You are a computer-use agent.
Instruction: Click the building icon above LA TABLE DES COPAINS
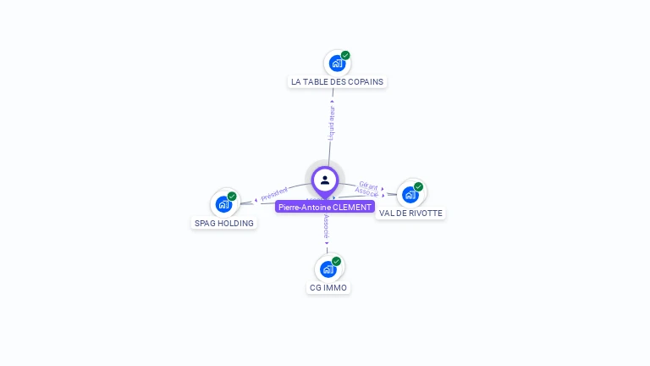337,64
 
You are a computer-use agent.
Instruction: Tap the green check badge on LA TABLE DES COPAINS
345,55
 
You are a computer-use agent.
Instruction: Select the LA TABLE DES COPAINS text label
337,82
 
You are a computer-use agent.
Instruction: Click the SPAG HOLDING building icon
223,204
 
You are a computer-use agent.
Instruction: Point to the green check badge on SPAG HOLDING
232,196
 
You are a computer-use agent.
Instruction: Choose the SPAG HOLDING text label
223,224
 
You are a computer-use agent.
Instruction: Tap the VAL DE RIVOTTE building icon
410,195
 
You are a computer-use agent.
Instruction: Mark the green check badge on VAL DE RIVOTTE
419,186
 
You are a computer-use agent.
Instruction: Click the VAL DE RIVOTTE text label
410,213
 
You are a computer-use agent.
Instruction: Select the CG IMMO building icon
328,269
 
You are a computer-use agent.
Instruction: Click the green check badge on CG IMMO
337,261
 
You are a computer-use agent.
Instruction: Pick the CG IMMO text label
328,288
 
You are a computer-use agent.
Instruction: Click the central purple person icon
325,180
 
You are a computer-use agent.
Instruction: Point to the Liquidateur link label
332,123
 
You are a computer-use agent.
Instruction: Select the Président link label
274,194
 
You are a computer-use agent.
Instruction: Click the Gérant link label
368,184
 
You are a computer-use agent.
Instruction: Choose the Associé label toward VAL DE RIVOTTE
367,192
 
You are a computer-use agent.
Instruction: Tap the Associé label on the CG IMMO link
327,227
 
